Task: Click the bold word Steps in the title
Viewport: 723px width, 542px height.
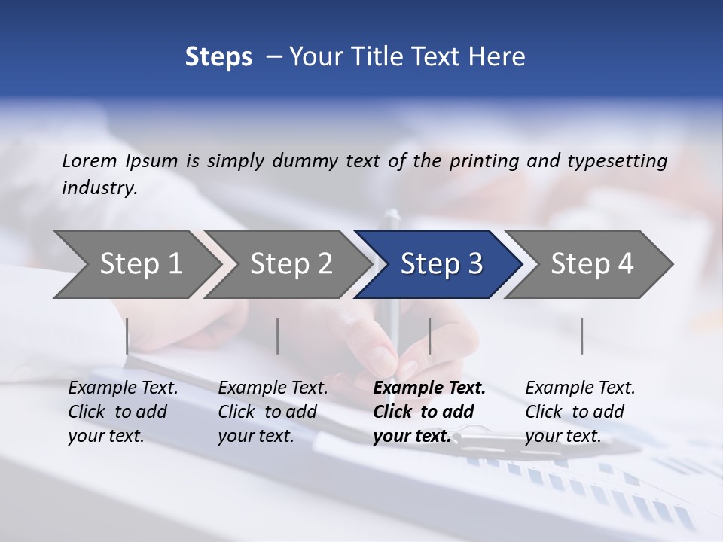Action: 218,57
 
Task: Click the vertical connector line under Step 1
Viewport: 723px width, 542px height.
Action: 127,336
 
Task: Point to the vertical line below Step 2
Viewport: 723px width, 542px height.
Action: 278,336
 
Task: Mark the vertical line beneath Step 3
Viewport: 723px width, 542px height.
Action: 430,336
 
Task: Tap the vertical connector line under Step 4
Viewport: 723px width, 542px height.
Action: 582,336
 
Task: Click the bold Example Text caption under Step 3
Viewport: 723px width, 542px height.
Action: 429,412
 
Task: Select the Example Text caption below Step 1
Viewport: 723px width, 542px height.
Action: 123,412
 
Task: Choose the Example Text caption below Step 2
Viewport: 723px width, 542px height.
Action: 273,412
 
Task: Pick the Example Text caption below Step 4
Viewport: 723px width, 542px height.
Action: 580,412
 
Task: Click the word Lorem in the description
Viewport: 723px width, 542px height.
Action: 90,161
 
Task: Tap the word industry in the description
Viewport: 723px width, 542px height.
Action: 99,188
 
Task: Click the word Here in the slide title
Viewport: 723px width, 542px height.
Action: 499,57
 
